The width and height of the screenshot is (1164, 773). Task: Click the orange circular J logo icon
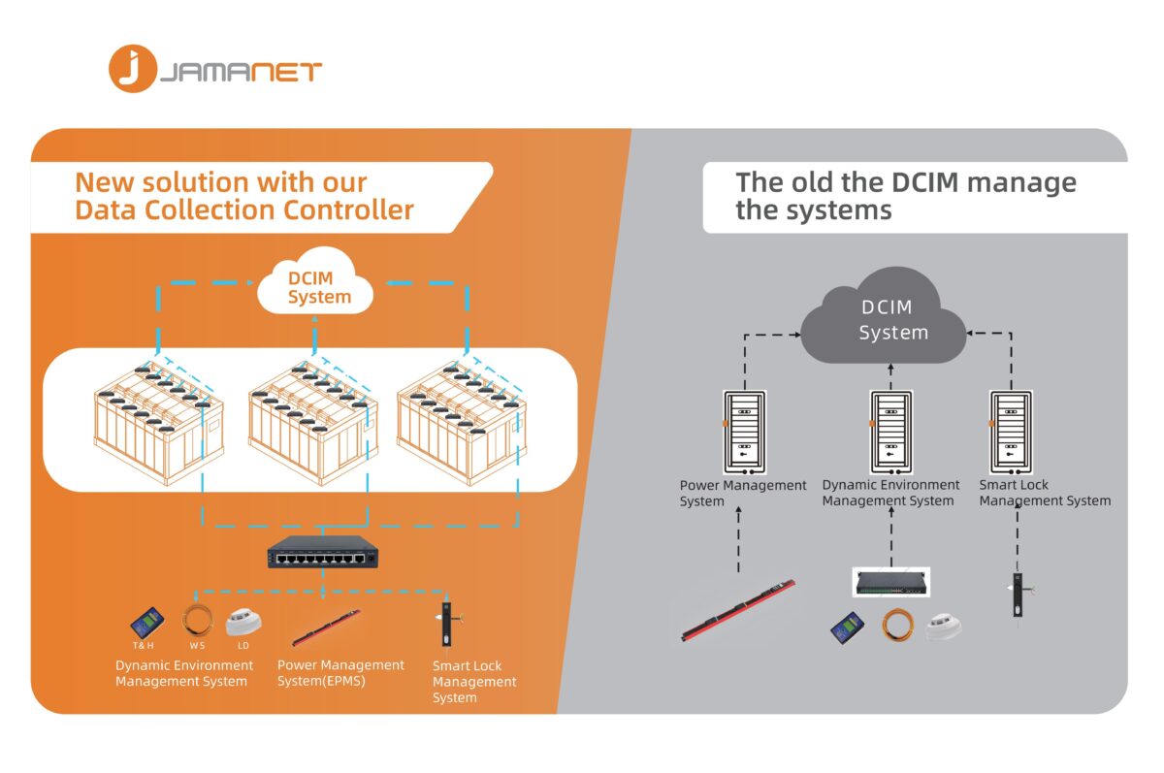pos(133,69)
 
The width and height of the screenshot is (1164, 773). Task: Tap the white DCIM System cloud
pos(315,283)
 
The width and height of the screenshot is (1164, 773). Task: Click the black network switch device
pos(323,552)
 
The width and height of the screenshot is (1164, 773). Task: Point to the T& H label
pos(143,646)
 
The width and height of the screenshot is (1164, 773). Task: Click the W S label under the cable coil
pos(197,646)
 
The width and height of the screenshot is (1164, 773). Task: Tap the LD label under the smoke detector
pos(243,646)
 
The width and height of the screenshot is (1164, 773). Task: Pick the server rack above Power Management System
pos(745,433)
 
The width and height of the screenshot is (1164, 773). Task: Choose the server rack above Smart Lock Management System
pos(1011,433)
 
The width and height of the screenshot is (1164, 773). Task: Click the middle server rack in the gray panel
pos(891,433)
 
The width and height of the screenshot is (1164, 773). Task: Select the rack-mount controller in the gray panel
pos(891,582)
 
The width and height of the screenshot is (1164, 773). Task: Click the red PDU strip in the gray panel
pos(738,610)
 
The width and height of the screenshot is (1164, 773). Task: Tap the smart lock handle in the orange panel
pos(447,624)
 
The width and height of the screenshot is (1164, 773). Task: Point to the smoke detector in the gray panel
pos(944,626)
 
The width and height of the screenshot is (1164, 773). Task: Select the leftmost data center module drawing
pos(159,424)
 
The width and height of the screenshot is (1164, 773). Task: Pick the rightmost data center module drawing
pos(462,424)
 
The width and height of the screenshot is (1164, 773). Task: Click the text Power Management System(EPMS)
pos(340,673)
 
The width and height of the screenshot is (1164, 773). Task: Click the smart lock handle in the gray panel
pos(1018,595)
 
